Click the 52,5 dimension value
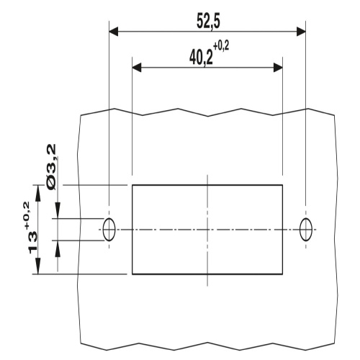208,22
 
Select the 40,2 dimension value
201,58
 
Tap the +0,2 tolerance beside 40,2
221,46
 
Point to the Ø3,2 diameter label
52,166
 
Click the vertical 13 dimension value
33,242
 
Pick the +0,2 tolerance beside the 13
26,215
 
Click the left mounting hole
109,230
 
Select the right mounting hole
306,230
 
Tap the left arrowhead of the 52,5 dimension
114,31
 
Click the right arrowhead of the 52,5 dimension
301,31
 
